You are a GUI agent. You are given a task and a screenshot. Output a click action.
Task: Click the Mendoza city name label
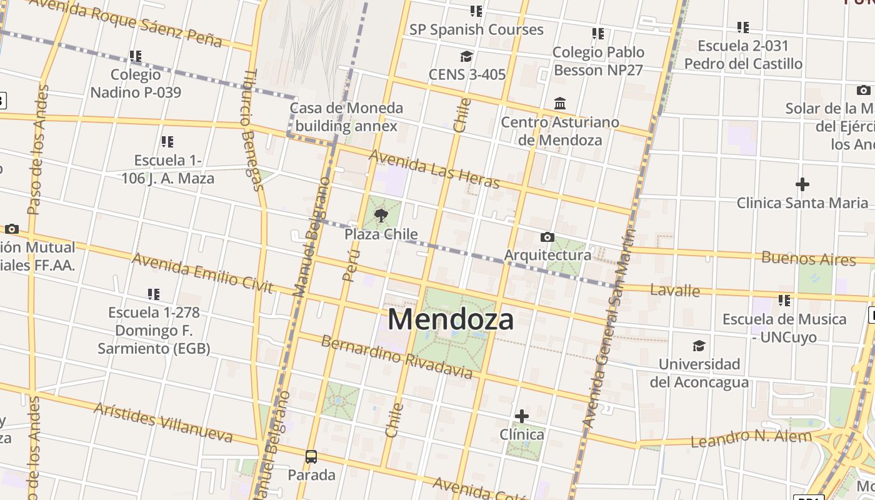451,319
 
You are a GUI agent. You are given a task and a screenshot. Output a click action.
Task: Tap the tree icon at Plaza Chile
381,216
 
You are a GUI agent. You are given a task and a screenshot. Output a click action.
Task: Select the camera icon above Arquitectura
547,237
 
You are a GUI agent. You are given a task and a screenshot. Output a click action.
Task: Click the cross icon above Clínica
521,416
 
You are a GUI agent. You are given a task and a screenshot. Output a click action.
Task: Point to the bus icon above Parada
311,457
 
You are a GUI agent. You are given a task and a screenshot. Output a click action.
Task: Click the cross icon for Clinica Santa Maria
802,184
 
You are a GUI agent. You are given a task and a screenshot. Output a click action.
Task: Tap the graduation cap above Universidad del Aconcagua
699,346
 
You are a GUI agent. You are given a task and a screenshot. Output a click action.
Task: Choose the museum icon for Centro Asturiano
560,103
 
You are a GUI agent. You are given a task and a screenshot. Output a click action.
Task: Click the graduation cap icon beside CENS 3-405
466,57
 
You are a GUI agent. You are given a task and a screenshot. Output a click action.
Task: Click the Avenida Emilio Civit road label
202,273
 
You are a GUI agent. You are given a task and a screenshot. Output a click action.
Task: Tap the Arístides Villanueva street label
163,422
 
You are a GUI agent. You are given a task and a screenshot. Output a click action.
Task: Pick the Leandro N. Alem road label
751,438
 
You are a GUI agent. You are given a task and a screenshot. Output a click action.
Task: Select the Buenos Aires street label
808,259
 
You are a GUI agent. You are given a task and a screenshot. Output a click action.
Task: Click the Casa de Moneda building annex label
346,117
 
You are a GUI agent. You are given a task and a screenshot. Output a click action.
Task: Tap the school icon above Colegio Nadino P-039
136,56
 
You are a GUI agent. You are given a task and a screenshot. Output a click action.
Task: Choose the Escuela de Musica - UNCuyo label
784,328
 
